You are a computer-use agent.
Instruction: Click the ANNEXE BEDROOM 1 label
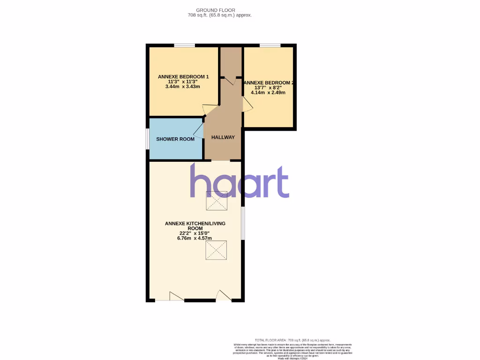[183, 77]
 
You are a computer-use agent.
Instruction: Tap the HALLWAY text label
[223, 137]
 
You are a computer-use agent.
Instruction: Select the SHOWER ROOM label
[175, 139]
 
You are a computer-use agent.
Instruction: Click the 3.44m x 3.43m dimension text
[183, 87]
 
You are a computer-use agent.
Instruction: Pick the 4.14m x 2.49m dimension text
[268, 93]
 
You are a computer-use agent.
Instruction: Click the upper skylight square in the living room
[217, 201]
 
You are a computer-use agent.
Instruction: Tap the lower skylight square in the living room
[217, 250]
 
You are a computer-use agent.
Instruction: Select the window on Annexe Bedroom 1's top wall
[184, 45]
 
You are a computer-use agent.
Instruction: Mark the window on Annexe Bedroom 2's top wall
[270, 45]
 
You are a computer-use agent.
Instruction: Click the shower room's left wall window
[148, 139]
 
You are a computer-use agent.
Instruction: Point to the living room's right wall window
[242, 223]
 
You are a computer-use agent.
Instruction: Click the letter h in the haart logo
[201, 181]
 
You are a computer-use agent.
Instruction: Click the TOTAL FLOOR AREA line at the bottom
[292, 340]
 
